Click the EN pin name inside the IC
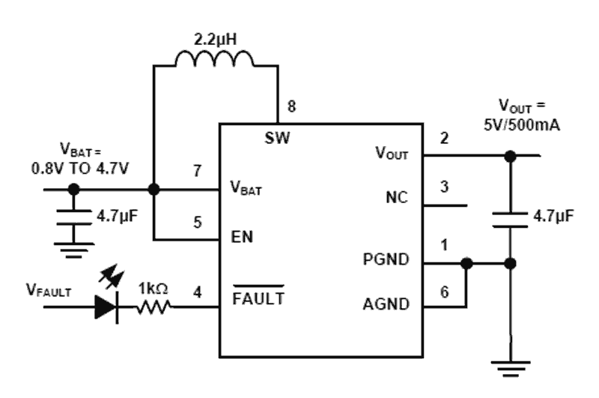[242, 238]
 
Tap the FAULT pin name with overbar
[258, 298]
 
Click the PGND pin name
[386, 259]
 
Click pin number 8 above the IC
[292, 107]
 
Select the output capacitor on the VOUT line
[511, 218]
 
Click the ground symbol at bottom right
[511, 367]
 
